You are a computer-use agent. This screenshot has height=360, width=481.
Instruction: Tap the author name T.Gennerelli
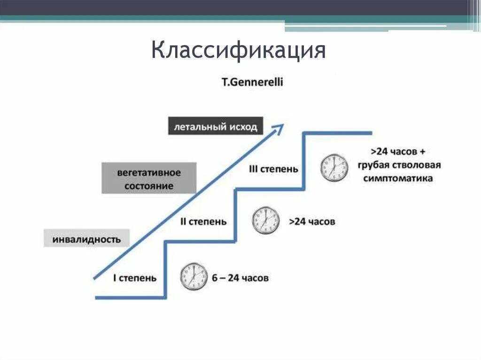253,82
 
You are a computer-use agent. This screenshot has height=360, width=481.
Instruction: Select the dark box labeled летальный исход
216,127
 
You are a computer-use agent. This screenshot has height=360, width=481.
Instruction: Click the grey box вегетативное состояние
149,179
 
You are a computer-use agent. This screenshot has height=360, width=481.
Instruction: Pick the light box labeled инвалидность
86,239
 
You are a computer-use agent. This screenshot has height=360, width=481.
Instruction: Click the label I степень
135,278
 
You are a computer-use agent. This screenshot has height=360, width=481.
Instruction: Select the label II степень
203,222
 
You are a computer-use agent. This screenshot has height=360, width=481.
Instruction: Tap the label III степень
273,169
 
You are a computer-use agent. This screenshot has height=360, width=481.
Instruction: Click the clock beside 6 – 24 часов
194,276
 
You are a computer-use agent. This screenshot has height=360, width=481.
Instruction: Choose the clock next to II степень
265,221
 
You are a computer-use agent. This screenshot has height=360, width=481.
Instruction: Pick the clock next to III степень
334,167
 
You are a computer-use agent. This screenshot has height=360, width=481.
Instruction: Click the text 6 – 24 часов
240,278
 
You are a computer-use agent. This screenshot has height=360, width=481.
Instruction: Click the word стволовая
418,165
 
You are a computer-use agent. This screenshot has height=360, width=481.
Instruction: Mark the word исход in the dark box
244,127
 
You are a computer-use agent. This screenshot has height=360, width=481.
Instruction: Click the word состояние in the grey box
149,186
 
